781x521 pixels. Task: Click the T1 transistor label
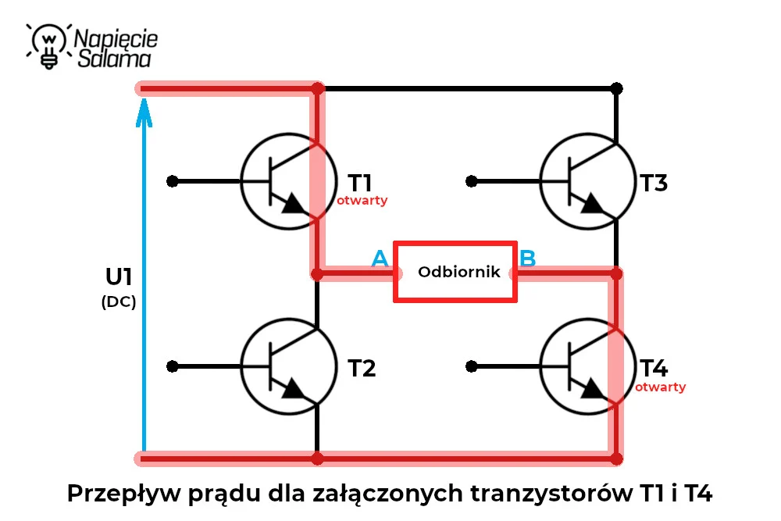pos(359,183)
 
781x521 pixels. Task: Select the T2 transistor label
pos(362,368)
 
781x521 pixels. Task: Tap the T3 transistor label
pos(654,183)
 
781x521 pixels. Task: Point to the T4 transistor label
pos(654,368)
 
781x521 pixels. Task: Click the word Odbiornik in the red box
pos(458,272)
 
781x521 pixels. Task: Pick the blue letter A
pos(380,259)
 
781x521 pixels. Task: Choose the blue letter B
pos(527,259)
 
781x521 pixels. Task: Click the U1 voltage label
pos(119,277)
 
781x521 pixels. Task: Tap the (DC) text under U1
pos(119,302)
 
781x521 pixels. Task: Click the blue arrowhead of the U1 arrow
pos(144,112)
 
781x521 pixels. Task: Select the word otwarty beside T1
pos(362,200)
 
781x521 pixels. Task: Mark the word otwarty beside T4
pos(660,387)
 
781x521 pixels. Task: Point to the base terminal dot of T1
pos(173,181)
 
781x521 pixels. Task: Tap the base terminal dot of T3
pos(471,181)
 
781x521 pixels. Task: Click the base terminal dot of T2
pos(173,366)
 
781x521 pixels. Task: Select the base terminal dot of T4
pos(471,366)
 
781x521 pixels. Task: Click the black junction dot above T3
pos(617,89)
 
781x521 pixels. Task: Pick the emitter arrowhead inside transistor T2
pos(294,389)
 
